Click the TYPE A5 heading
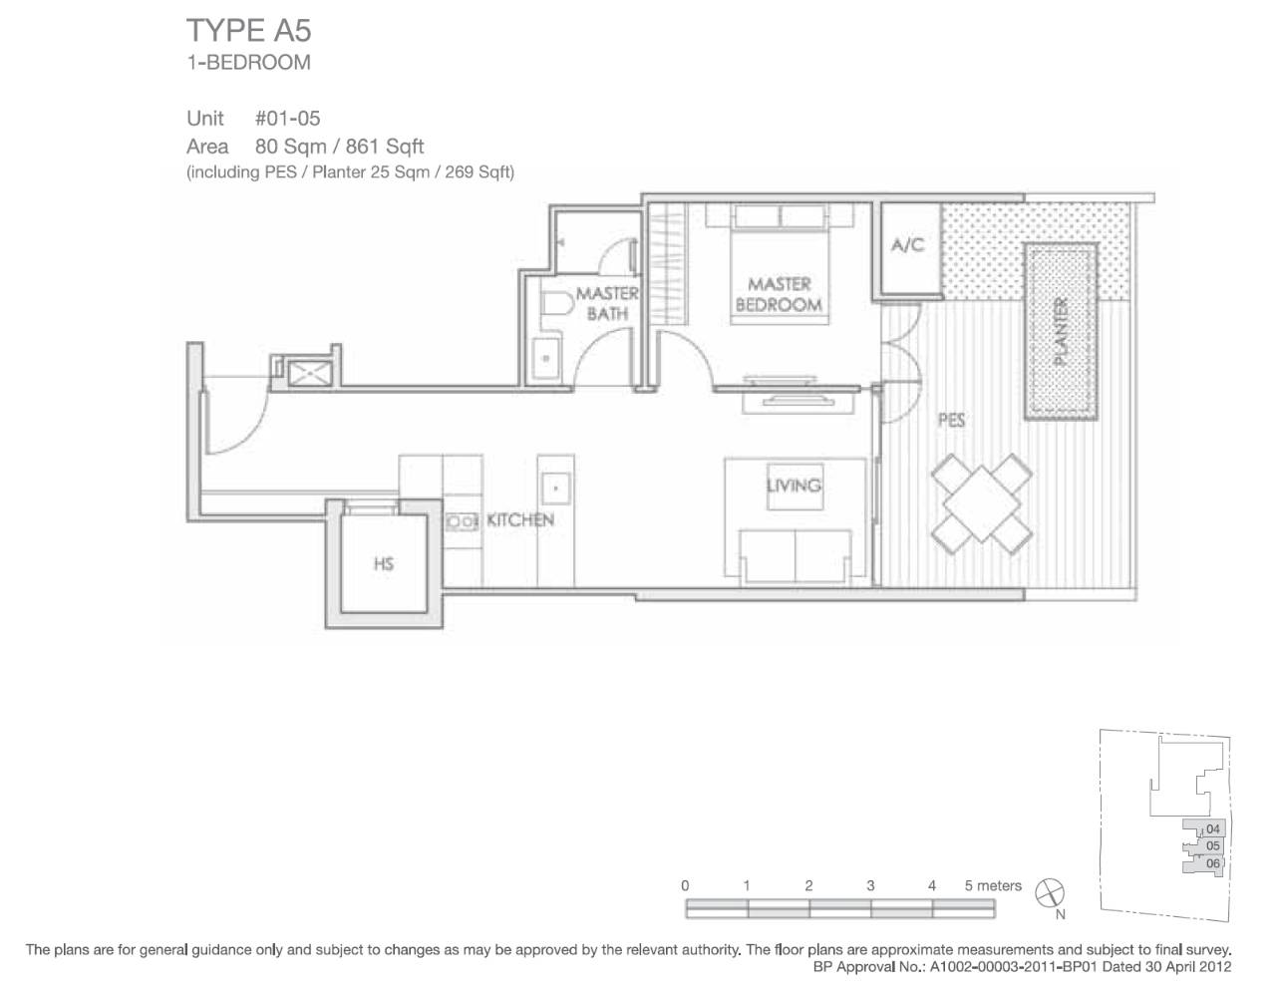248,31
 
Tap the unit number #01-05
288,119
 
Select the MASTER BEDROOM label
779,295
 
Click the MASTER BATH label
607,303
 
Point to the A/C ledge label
908,244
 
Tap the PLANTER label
1061,331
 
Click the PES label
951,420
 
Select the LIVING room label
794,486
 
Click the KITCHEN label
520,520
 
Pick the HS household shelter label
384,564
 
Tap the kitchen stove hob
462,521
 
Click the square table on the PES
981,503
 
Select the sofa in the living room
795,556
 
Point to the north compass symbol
1050,894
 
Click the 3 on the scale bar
870,886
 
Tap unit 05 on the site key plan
1212,846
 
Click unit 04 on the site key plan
1212,828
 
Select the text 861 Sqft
385,147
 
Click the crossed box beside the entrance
309,373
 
